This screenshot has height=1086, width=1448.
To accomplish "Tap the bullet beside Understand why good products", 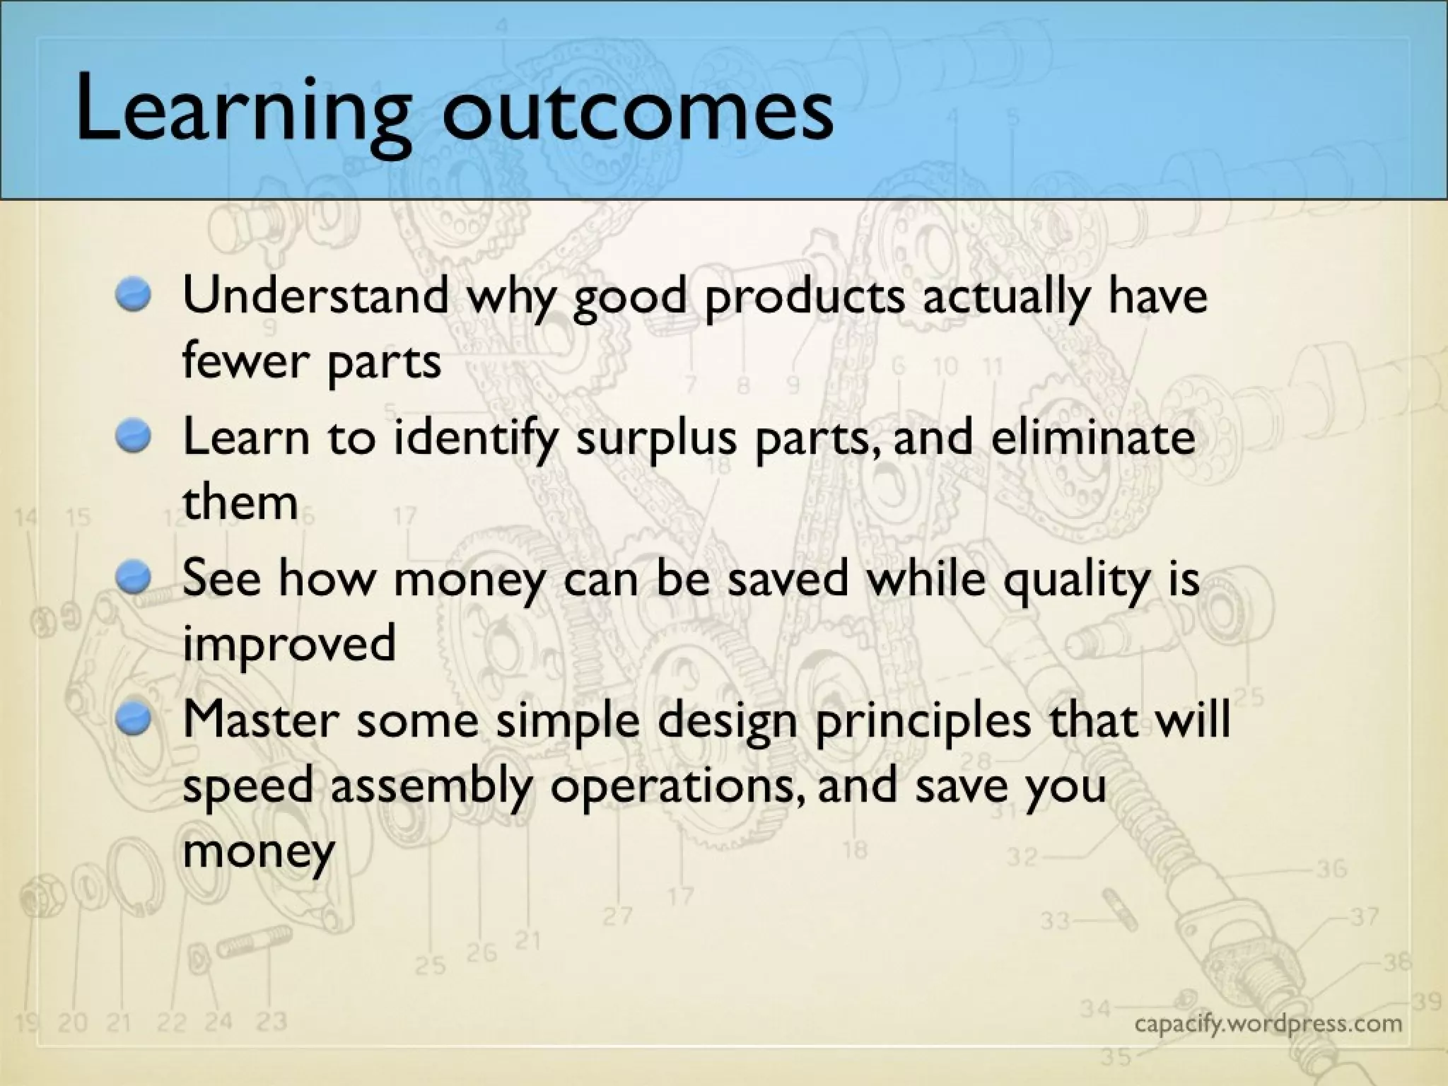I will pyautogui.click(x=134, y=293).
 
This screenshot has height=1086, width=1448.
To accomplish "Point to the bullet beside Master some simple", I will pyautogui.click(x=134, y=718).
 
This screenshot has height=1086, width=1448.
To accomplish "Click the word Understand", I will pyautogui.click(x=315, y=295).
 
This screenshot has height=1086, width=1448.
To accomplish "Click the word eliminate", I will pyautogui.click(x=1093, y=436).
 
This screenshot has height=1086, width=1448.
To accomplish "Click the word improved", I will pyautogui.click(x=288, y=645).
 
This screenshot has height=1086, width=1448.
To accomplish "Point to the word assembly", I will pyautogui.click(x=430, y=786).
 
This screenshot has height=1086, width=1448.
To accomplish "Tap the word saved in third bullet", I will pyautogui.click(x=787, y=578).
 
